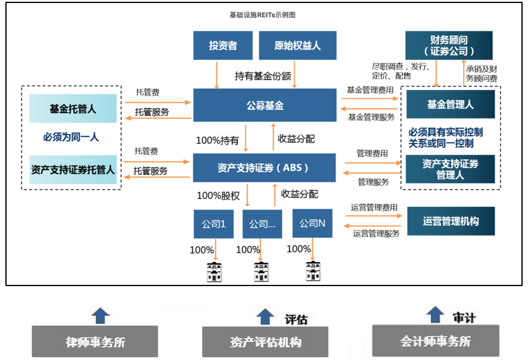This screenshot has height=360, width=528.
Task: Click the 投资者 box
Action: tap(223, 46)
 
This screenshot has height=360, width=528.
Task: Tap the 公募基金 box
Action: tap(265, 105)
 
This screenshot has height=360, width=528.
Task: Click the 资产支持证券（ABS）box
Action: tap(265, 167)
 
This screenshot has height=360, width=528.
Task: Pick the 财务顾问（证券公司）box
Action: tap(449, 45)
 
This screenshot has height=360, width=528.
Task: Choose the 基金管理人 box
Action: tap(450, 105)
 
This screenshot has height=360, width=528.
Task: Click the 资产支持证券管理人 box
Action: tap(450, 169)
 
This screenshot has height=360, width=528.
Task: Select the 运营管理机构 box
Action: tap(450, 222)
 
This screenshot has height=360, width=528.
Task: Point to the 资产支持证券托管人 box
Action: tap(73, 169)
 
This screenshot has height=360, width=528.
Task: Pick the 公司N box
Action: tap(312, 224)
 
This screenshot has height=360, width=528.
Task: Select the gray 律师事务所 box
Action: tap(96, 342)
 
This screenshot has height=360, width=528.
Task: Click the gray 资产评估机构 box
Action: tap(265, 342)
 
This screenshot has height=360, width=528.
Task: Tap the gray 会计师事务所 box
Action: tap(435, 341)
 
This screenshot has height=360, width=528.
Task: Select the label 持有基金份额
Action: tap(262, 76)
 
